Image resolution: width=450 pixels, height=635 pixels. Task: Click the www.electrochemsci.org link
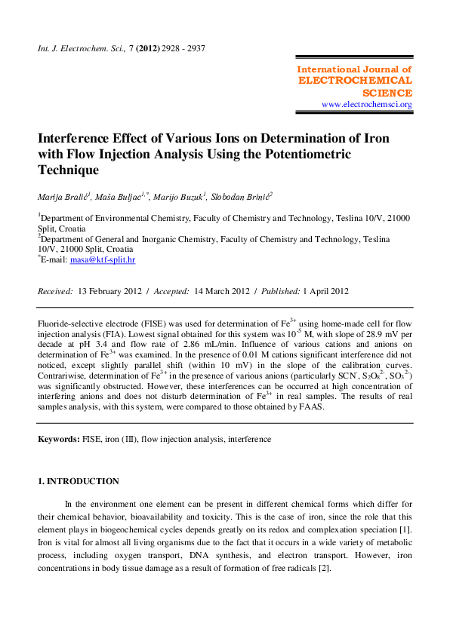[x=366, y=104]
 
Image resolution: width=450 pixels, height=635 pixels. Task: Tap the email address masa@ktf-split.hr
[x=102, y=259]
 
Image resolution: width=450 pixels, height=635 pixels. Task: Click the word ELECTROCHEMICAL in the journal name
[x=355, y=80]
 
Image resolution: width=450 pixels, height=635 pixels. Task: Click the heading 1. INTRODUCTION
[x=79, y=481]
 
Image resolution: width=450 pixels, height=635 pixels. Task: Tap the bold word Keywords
[x=58, y=438]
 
